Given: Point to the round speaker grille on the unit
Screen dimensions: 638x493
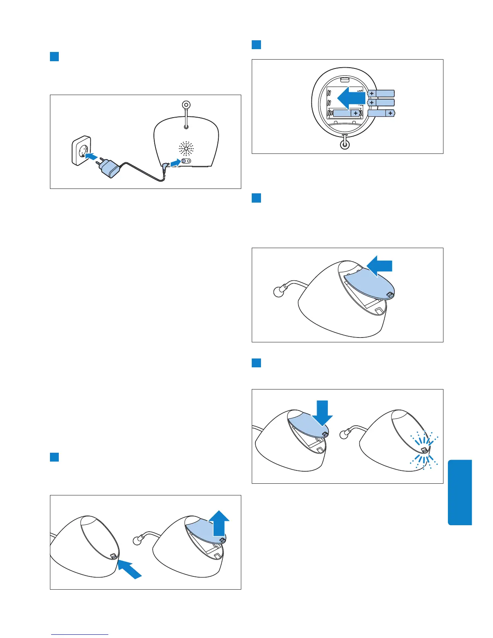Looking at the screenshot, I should [x=186, y=149].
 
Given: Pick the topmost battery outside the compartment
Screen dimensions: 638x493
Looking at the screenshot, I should [x=381, y=93].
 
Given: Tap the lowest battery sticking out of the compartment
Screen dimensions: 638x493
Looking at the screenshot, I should [x=381, y=113].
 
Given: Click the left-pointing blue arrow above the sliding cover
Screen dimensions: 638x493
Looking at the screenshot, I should [x=380, y=266].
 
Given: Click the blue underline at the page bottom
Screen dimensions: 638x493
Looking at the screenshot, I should [x=80, y=635].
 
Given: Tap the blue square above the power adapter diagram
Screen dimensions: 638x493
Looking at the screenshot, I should [x=54, y=56].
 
